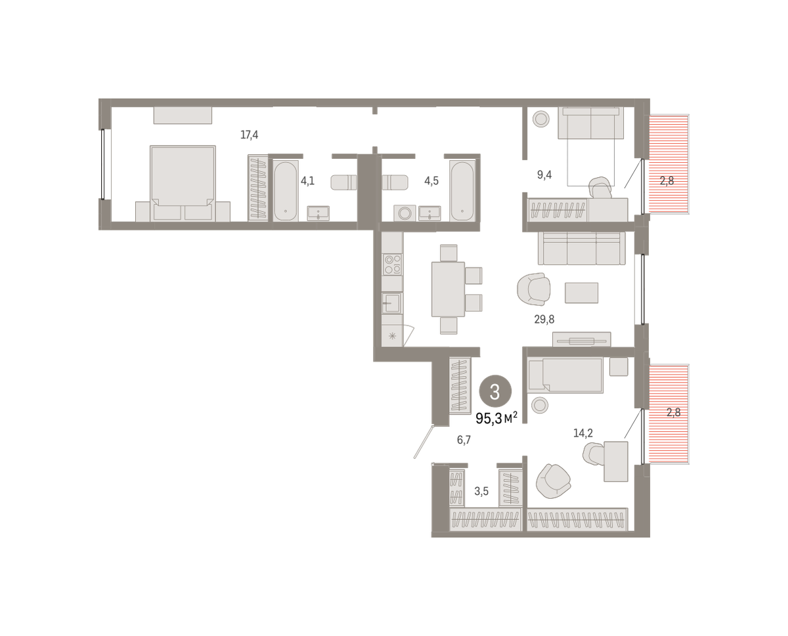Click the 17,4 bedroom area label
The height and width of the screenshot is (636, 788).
click(249, 135)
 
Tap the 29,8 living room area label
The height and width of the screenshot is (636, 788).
click(544, 319)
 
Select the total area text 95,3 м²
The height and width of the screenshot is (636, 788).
click(496, 418)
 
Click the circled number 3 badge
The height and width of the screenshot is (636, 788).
click(495, 392)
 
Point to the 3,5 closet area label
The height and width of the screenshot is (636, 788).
click(481, 492)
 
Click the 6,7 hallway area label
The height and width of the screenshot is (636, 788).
click(464, 440)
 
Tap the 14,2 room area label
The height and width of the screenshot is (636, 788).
click(582, 433)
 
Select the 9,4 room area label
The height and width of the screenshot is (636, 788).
click(544, 175)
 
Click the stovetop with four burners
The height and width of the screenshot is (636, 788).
click(392, 265)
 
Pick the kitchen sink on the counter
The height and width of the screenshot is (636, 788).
click(392, 303)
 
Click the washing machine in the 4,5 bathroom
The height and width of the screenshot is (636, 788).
click(405, 213)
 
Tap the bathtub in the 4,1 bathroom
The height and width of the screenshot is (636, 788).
click(286, 191)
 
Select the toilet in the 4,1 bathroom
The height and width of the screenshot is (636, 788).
click(343, 182)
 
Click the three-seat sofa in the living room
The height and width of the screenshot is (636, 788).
click(582, 249)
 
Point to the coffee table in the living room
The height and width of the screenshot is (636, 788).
click(581, 293)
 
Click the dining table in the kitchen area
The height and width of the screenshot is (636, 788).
click(448, 289)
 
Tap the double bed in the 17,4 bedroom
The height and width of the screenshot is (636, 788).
click(183, 183)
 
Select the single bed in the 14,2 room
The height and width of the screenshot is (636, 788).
click(565, 375)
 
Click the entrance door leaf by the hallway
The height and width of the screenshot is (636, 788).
click(424, 442)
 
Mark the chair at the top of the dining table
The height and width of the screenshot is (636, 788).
click(449, 253)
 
